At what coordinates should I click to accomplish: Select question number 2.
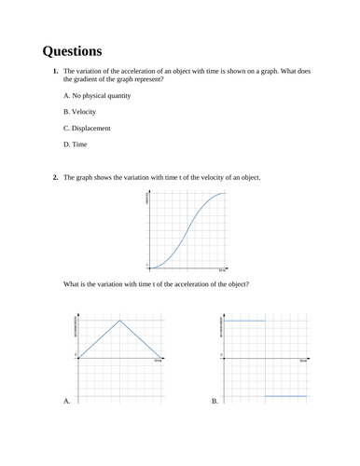pyautogui.click(x=56, y=177)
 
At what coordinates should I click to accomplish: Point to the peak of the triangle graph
pyautogui.click(x=119, y=320)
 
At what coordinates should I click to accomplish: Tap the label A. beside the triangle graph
pyautogui.click(x=66, y=401)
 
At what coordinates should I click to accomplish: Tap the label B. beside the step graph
pyautogui.click(x=215, y=401)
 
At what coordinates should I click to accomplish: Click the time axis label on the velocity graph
pyautogui.click(x=223, y=270)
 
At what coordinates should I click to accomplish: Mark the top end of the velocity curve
pyautogui.click(x=225, y=194)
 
